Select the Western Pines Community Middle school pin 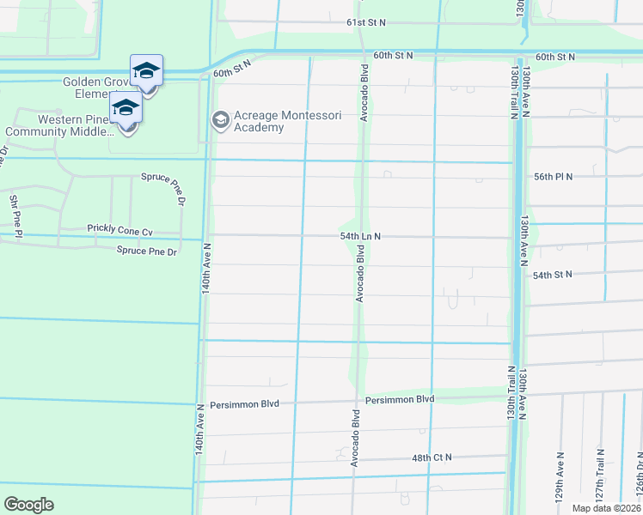pyautogui.click(x=126, y=109)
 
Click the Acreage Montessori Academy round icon pyautogui.click(x=219, y=118)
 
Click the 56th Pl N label pyautogui.click(x=553, y=176)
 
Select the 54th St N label pyautogui.click(x=553, y=276)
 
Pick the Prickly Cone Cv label pyautogui.click(x=119, y=230)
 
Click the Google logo pyautogui.click(x=28, y=505)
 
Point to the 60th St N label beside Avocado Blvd pyautogui.click(x=393, y=55)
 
